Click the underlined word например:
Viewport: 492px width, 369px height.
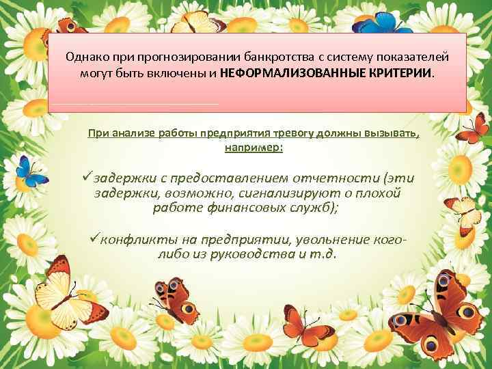point(253,147)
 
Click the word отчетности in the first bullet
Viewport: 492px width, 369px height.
point(327,178)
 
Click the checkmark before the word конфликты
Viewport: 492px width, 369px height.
point(96,238)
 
